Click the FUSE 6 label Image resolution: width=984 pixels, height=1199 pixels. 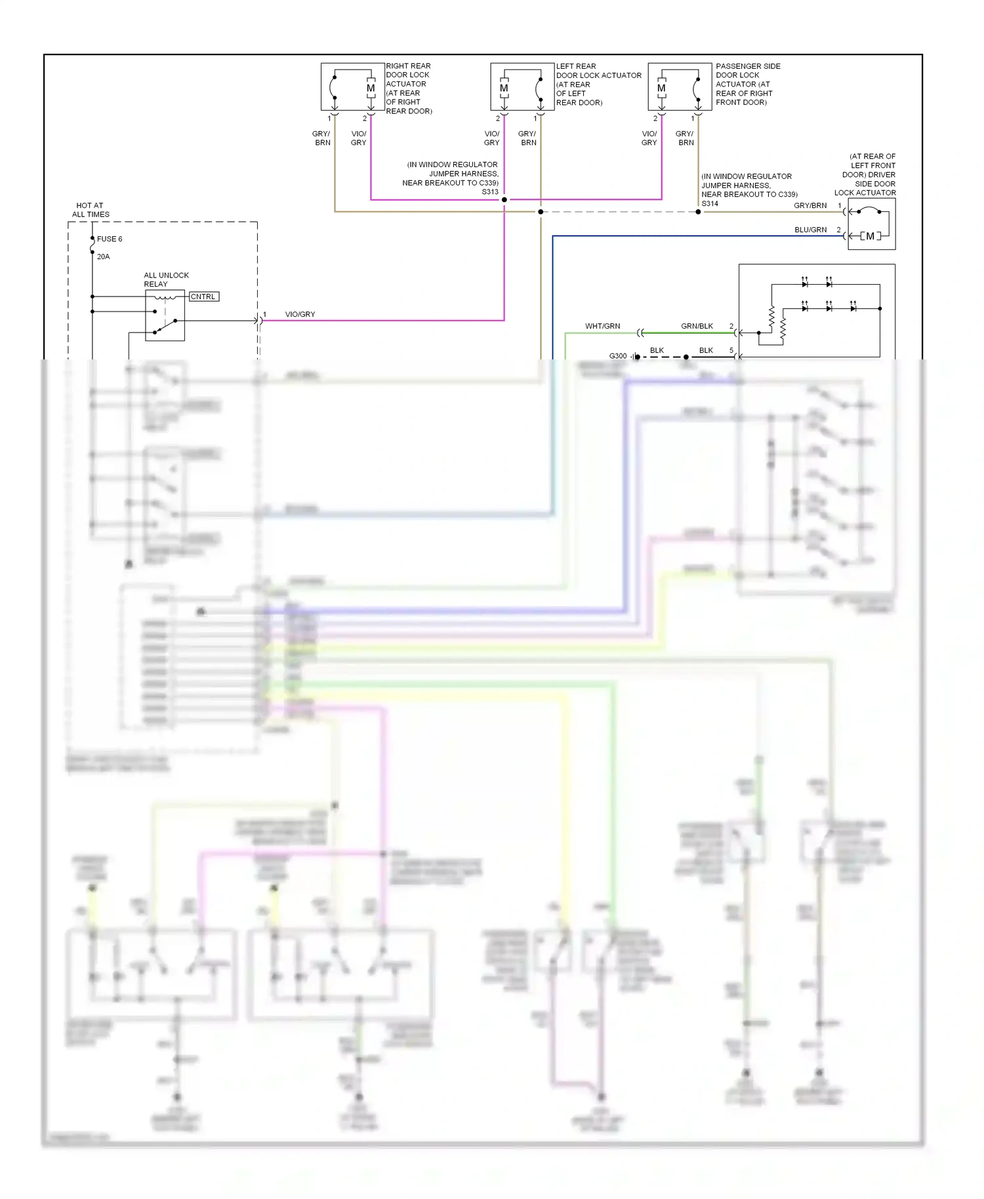click(x=110, y=239)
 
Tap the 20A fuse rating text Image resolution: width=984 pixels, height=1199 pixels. click(x=103, y=256)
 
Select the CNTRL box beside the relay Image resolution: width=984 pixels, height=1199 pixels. click(x=203, y=296)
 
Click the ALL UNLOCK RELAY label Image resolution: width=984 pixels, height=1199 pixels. click(x=166, y=279)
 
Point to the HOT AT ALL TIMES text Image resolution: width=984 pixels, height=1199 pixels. click(x=91, y=210)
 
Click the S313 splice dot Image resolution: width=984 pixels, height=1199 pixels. click(x=504, y=199)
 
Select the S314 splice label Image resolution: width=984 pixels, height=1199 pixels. click(x=710, y=204)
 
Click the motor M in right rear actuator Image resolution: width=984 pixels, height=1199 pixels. click(x=371, y=89)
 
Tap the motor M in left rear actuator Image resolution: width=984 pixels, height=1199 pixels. click(x=504, y=89)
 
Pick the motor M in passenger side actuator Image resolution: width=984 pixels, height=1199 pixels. click(x=661, y=89)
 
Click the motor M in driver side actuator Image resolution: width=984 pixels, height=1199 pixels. click(x=870, y=236)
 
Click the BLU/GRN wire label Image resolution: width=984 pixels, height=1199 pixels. click(x=810, y=230)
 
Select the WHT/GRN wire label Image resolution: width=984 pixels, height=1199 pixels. click(x=602, y=326)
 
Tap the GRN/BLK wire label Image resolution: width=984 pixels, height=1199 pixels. click(x=697, y=326)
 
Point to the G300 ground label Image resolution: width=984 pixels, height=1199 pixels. click(x=617, y=356)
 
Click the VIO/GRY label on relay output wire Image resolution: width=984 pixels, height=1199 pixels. click(x=300, y=314)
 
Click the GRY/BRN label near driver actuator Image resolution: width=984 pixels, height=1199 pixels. click(x=810, y=205)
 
